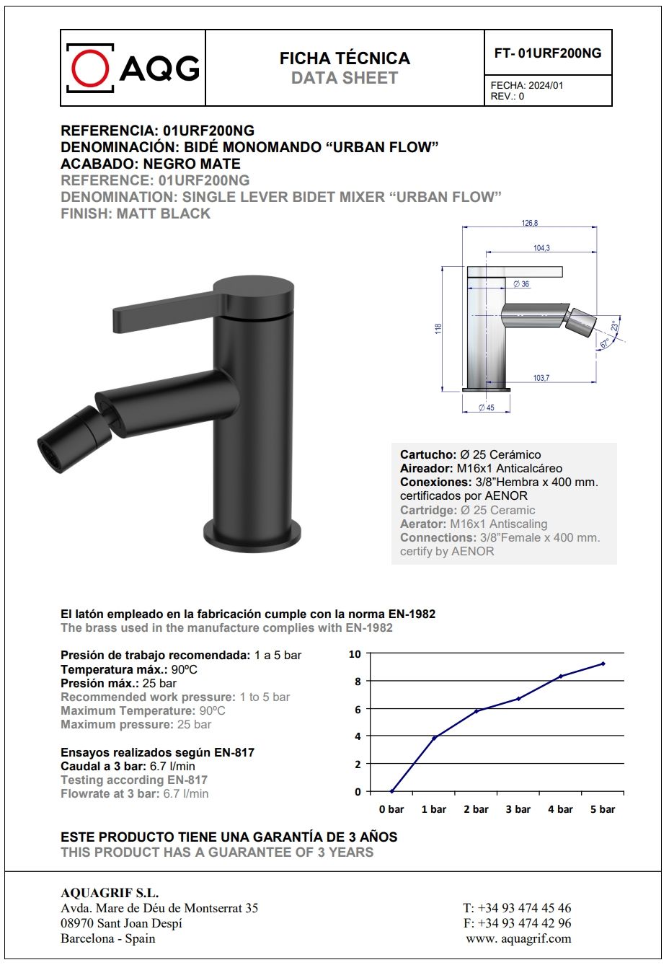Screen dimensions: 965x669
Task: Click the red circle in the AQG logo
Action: [x=91, y=69]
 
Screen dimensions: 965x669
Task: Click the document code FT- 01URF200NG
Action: [x=548, y=53]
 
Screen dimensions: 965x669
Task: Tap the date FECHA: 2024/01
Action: [x=527, y=85]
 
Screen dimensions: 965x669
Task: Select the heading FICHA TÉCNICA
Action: [x=345, y=58]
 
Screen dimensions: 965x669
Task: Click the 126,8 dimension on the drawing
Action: [x=530, y=223]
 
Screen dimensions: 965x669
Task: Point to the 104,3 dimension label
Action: [x=541, y=247]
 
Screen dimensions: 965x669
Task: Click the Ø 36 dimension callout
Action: [x=521, y=284]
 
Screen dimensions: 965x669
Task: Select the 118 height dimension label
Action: [x=438, y=328]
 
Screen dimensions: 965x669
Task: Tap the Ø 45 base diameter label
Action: [x=487, y=408]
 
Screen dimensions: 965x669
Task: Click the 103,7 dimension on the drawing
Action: [x=541, y=378]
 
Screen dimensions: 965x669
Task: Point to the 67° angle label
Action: [x=604, y=344]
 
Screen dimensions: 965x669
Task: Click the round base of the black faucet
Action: [x=252, y=537]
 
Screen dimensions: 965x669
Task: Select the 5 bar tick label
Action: [x=603, y=809]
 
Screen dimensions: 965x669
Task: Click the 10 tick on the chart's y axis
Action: [x=355, y=654]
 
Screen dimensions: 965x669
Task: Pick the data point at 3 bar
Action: [x=518, y=698]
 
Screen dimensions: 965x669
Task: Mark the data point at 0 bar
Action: [x=391, y=791]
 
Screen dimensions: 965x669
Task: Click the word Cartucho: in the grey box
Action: [x=428, y=454]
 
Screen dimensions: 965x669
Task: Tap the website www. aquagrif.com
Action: [x=518, y=938]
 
